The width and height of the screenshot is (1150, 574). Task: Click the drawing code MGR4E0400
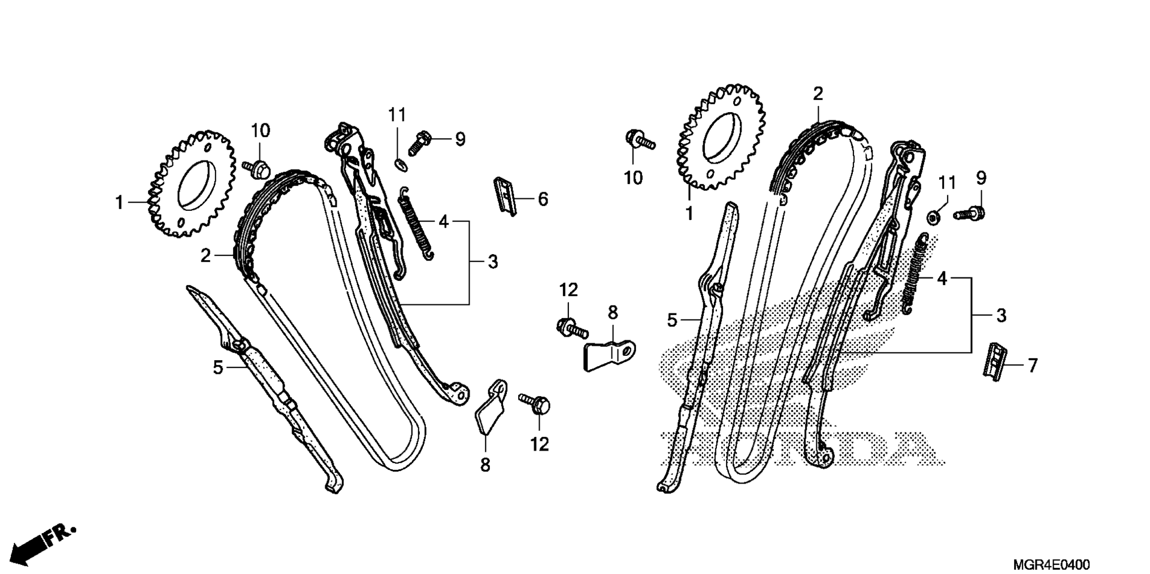click(1051, 565)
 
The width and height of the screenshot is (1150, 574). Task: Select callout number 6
click(543, 199)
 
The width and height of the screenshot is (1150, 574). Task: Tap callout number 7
click(1033, 365)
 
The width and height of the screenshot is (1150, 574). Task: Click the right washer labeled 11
click(934, 216)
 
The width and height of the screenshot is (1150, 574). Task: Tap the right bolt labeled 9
click(970, 212)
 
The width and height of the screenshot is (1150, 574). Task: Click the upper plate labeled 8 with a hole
click(610, 355)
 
